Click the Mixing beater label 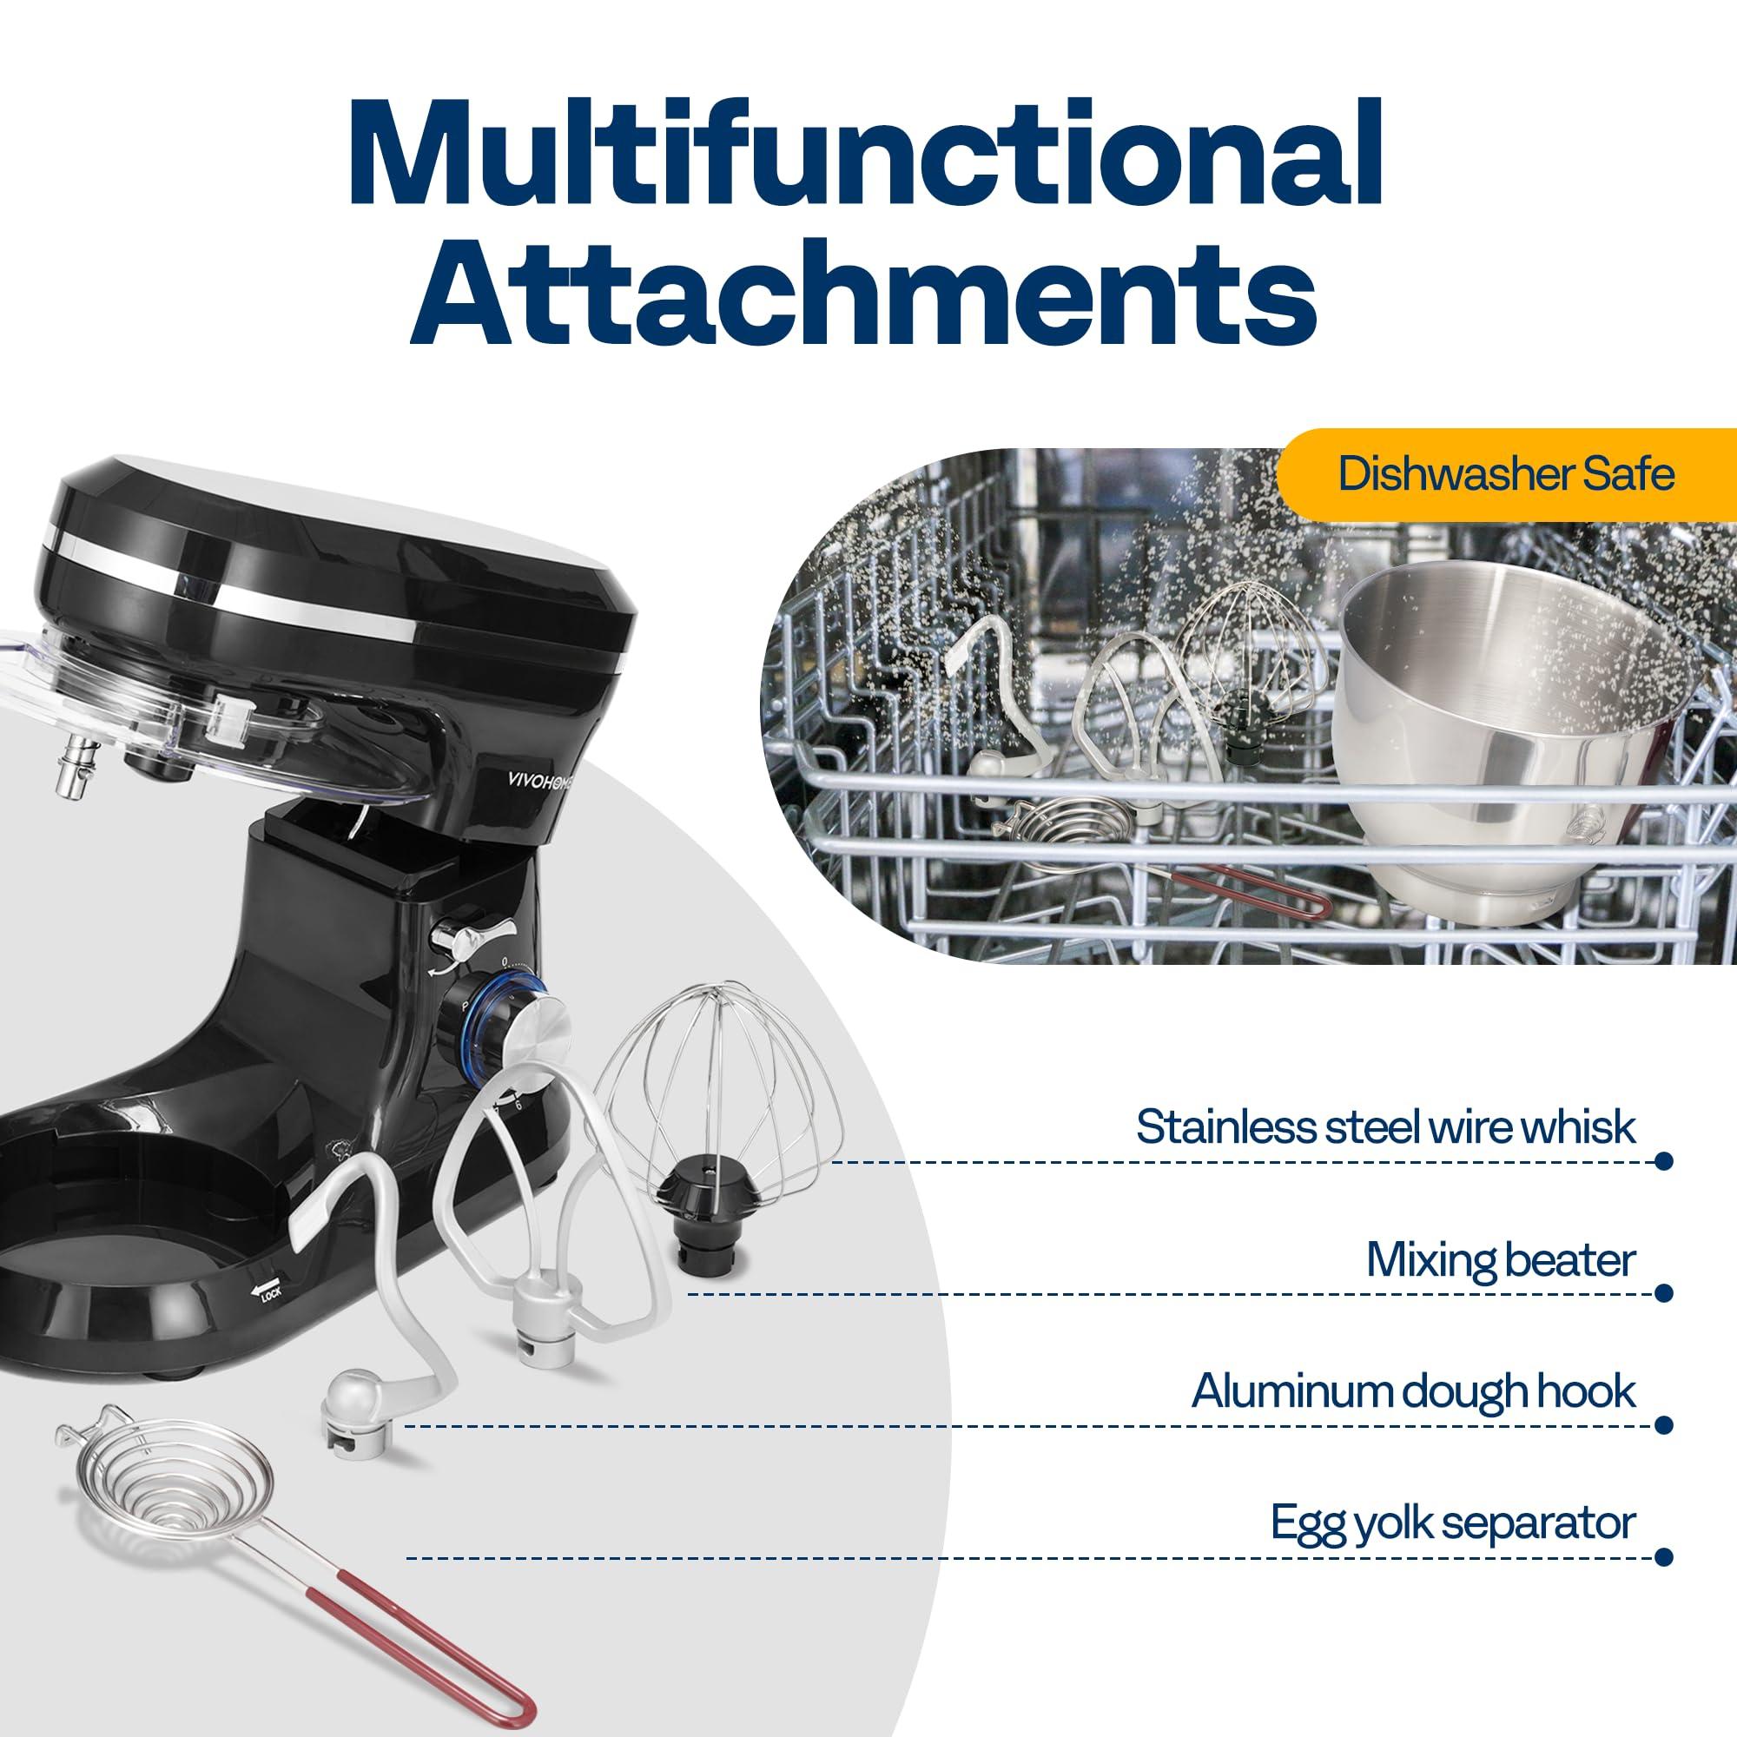(x=1500, y=1259)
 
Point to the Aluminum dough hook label (x=1413, y=1391)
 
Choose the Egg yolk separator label (x=1453, y=1523)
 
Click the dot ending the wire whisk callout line (x=1662, y=1160)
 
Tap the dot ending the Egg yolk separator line (x=1662, y=1556)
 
